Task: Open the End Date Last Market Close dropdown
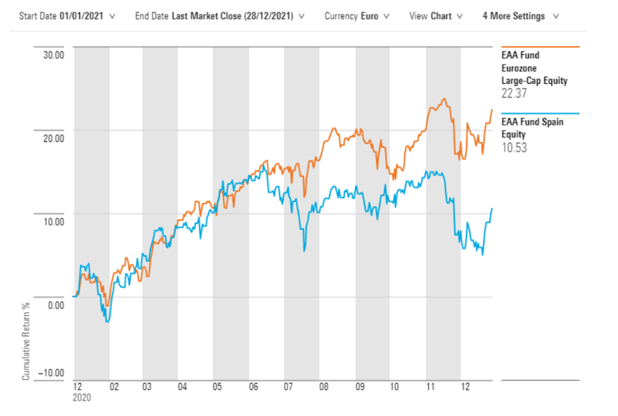click(x=219, y=16)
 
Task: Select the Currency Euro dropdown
click(x=356, y=16)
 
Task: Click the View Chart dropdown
click(x=436, y=16)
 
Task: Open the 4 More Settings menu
click(x=520, y=16)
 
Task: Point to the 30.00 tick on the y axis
click(x=53, y=55)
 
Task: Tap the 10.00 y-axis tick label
click(x=53, y=221)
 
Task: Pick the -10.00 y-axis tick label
click(x=51, y=373)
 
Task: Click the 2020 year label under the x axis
click(x=81, y=399)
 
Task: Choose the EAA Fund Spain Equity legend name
click(x=533, y=128)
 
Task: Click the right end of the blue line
click(x=492, y=208)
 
